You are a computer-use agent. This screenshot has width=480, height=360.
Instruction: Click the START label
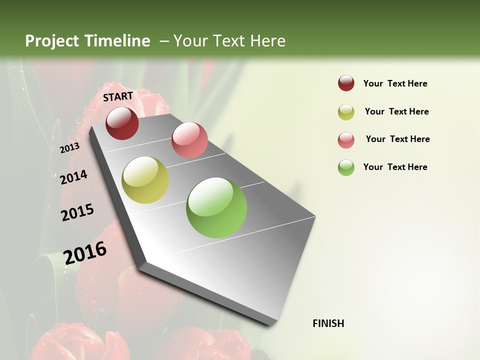(x=118, y=96)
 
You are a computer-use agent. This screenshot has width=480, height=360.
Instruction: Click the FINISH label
(x=328, y=323)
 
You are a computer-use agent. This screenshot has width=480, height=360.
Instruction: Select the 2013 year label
(x=69, y=147)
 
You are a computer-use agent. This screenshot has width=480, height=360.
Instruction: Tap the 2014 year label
(x=73, y=177)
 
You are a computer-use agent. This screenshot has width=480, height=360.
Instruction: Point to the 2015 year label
(x=77, y=212)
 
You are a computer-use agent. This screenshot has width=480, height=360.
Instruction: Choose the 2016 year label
(x=85, y=252)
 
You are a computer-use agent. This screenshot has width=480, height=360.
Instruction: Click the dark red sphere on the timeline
(x=122, y=123)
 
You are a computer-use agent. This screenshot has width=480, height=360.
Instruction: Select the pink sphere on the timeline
(x=189, y=140)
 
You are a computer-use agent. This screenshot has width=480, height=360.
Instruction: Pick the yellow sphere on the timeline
(x=145, y=180)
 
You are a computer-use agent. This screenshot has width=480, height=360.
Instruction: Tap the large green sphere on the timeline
(x=216, y=207)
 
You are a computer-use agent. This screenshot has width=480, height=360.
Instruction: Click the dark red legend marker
(x=346, y=83)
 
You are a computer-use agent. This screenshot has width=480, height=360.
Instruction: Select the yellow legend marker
(x=346, y=112)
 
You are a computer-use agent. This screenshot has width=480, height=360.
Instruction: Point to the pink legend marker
(x=346, y=140)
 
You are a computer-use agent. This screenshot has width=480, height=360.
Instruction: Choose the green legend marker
(x=346, y=167)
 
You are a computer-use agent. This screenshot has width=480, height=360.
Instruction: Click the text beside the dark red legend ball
(x=395, y=84)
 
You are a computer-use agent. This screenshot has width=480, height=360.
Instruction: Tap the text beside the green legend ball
(x=395, y=167)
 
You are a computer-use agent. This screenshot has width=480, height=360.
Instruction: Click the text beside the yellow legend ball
(x=396, y=111)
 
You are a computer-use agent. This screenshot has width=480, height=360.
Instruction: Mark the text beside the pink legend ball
(x=397, y=139)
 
